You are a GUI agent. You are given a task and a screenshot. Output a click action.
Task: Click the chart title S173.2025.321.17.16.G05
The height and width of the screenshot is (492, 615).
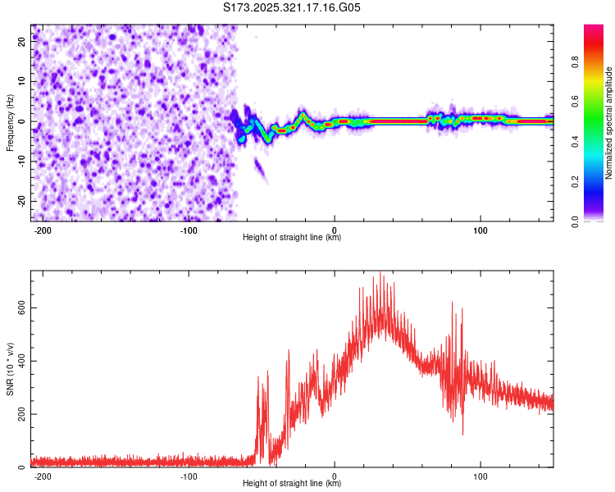tap(292, 7)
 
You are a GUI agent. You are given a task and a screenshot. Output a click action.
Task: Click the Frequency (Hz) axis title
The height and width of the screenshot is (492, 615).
tap(10, 123)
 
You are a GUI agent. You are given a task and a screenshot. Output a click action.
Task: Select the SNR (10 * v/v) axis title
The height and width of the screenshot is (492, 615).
tap(10, 369)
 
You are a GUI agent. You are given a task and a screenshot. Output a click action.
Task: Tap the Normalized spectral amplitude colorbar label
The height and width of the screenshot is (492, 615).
tap(608, 123)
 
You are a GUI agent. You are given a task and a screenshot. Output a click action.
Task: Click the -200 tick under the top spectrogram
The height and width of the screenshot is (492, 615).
tap(43, 230)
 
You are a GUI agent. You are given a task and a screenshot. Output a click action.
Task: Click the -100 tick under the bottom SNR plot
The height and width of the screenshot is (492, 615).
tap(189, 476)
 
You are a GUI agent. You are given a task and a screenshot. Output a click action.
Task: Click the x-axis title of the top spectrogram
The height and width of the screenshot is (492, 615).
tap(292, 238)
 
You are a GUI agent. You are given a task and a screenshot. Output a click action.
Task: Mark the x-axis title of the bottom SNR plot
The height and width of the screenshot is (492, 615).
tap(292, 484)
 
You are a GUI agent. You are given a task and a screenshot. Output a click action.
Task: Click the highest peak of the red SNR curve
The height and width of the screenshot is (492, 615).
tap(380, 273)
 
